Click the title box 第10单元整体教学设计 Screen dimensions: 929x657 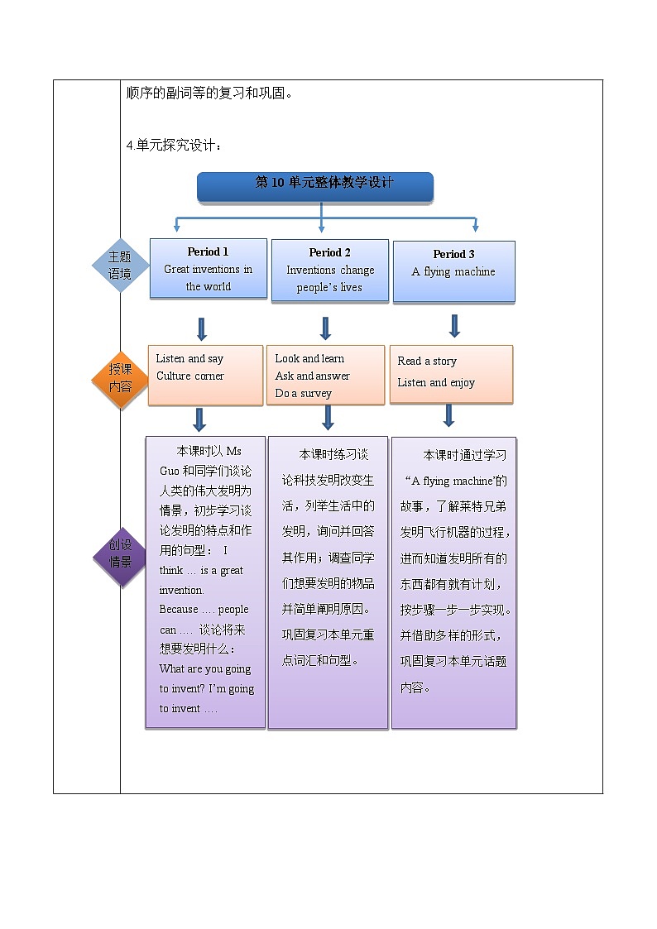[315, 186]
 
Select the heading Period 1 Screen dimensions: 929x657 [208, 251]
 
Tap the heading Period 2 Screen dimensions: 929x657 [330, 252]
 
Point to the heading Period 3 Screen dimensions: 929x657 [453, 254]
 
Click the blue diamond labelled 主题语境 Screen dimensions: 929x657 [120, 266]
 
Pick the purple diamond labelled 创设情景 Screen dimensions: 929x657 [121, 553]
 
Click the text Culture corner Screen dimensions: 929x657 [190, 376]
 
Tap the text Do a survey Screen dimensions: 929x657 [304, 394]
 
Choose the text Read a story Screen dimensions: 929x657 [427, 361]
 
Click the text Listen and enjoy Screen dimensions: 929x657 [436, 383]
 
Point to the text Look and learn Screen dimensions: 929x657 [309, 358]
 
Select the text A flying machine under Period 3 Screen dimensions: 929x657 [453, 272]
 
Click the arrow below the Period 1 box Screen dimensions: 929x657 [201, 328]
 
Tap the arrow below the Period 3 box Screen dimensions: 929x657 [454, 325]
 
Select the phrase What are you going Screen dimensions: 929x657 [204, 669]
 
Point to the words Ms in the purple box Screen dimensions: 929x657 [234, 451]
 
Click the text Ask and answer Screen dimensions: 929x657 [313, 376]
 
